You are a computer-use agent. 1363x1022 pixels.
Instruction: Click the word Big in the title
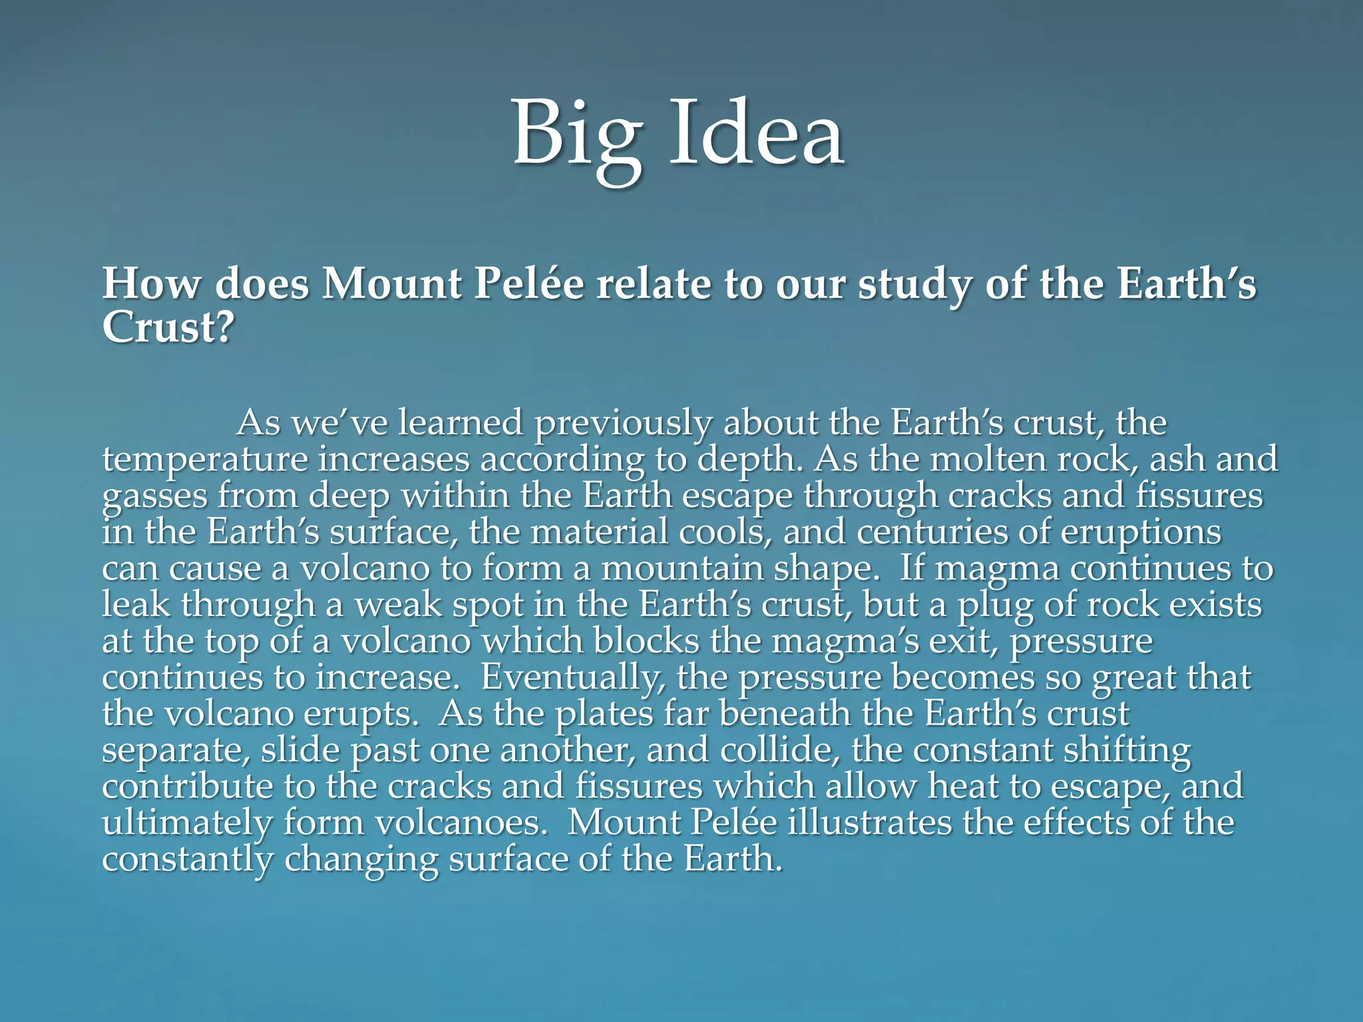coord(577,136)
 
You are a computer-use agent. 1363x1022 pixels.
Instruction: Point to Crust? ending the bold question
coord(168,327)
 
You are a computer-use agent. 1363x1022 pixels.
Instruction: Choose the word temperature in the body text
coord(205,460)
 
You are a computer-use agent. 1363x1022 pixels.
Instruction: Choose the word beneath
coord(785,713)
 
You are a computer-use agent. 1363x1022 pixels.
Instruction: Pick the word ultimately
coord(187,824)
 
